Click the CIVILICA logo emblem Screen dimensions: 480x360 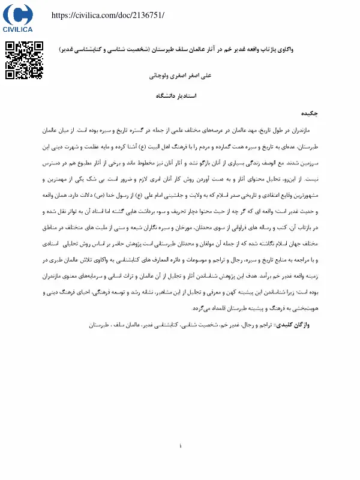pos(18,14)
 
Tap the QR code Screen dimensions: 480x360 pos(25,60)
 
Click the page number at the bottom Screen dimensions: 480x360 pos(180,446)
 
